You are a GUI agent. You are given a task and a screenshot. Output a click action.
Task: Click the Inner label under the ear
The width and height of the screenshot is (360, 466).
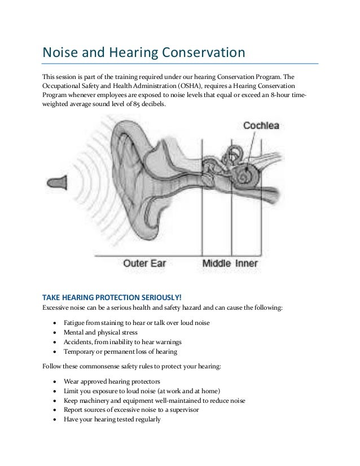pyautogui.click(x=246, y=263)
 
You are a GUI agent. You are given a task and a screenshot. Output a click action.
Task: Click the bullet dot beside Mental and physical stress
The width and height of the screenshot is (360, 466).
pyautogui.click(x=54, y=332)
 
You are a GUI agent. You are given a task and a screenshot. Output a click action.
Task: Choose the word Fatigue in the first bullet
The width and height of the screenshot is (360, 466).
pyautogui.click(x=75, y=323)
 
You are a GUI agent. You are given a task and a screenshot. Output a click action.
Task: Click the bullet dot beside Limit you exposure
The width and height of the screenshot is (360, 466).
pyautogui.click(x=54, y=391)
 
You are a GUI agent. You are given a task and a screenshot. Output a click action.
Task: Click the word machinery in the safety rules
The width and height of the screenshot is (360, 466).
pyautogui.click(x=93, y=401)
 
